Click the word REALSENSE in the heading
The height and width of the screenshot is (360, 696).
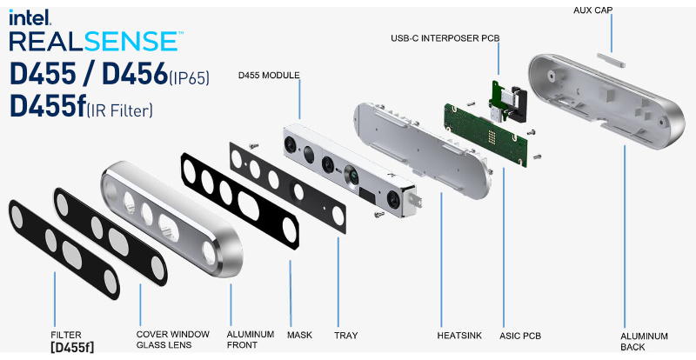coord(96,41)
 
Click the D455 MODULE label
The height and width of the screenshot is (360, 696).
coord(269,76)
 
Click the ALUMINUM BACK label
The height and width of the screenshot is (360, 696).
coord(644,341)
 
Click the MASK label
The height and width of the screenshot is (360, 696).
coord(299,334)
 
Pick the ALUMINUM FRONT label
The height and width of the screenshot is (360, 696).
coord(251,339)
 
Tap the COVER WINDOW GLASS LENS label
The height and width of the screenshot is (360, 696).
coord(172,339)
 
